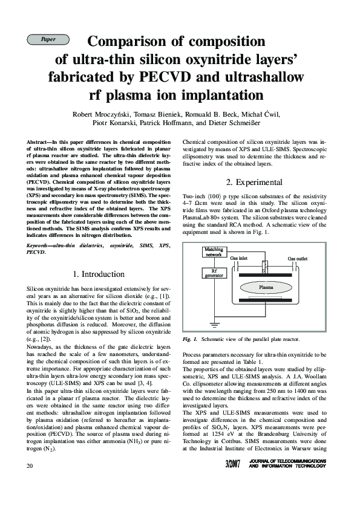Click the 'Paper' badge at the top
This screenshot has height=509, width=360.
(48, 39)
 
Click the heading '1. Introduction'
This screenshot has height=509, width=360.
(99, 274)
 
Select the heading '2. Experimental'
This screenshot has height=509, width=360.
(255, 182)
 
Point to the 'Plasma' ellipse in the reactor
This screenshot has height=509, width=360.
(267, 287)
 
